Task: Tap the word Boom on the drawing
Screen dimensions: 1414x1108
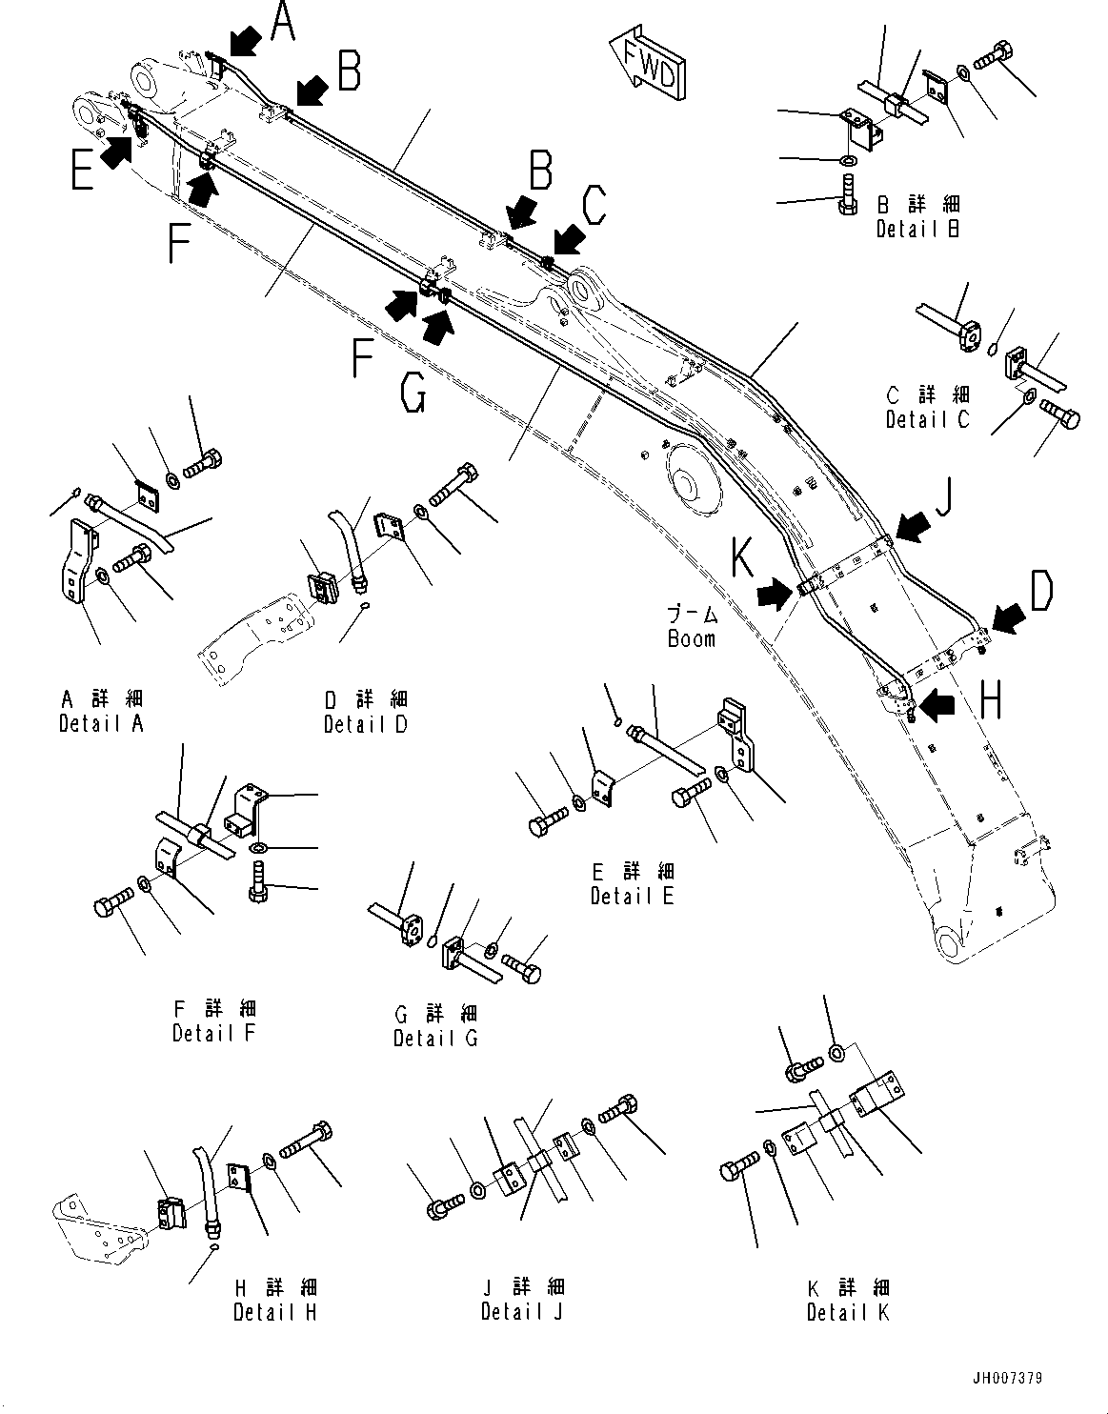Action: (691, 639)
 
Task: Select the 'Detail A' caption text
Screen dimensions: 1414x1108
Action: (100, 723)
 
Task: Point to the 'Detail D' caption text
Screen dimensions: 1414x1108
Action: (365, 724)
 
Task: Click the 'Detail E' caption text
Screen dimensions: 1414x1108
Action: (632, 896)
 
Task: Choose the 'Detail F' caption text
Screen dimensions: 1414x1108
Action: (214, 1033)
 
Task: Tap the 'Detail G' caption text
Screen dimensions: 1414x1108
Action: (435, 1038)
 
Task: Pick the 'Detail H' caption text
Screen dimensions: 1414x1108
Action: (274, 1312)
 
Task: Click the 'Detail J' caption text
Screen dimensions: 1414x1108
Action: (522, 1312)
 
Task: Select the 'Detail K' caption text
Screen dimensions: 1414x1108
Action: (848, 1312)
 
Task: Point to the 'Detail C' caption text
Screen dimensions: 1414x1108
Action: (927, 418)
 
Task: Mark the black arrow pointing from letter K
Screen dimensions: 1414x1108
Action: (775, 596)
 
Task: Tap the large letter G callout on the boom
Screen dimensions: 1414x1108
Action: (413, 390)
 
